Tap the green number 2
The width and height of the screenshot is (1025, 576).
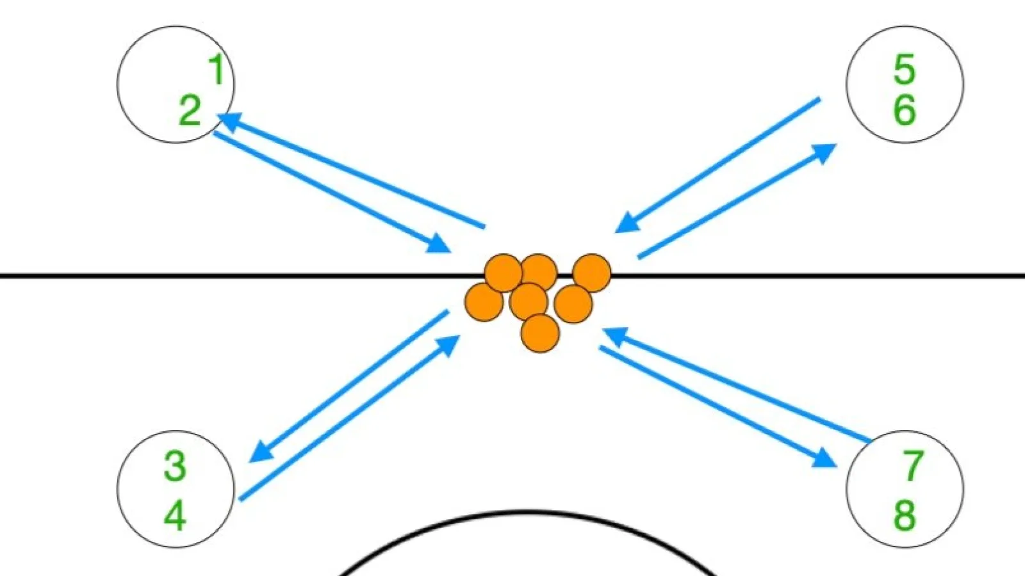(190, 110)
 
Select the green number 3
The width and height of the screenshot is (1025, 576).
(175, 466)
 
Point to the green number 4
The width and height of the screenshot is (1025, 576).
(175, 515)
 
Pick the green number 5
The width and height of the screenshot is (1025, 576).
(904, 69)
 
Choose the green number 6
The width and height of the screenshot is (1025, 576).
(904, 109)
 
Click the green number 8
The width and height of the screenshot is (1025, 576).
(904, 515)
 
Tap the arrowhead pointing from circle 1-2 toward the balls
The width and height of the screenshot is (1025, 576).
(438, 244)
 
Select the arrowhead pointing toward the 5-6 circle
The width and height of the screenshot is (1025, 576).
(824, 153)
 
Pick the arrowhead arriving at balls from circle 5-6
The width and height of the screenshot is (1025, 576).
(627, 223)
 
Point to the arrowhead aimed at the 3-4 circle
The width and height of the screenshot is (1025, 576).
(261, 452)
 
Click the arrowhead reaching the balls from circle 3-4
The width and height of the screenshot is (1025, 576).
(447, 346)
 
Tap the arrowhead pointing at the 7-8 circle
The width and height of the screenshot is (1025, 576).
(825, 458)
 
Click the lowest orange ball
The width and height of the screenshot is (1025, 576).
(540, 333)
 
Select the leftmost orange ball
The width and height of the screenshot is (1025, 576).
(484, 302)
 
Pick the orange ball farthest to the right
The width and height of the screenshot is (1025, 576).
(592, 273)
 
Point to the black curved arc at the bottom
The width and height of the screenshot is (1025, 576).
(526, 513)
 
